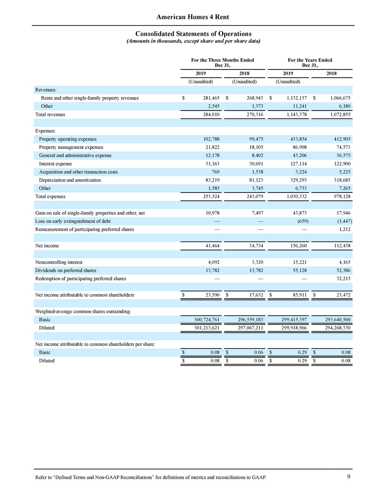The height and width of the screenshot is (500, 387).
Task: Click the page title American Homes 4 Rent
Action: coord(193,17)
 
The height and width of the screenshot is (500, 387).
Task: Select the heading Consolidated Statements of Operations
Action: coord(193,34)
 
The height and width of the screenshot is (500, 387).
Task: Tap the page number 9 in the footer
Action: coord(349,477)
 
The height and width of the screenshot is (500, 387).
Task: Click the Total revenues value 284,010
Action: coord(211,115)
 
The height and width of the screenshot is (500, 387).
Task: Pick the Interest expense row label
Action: coord(55,164)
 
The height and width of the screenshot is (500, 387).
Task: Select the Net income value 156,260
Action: coord(298,246)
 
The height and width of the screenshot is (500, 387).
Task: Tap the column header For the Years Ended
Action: coord(310,60)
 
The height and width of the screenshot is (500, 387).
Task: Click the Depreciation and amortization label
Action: coord(70,180)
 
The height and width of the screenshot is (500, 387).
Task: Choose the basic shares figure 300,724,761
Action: coord(207,320)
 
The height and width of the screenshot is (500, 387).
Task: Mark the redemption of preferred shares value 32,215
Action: coord(343,279)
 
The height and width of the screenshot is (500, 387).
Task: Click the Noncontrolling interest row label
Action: coord(59,262)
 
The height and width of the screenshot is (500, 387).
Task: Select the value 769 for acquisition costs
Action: coord(216,172)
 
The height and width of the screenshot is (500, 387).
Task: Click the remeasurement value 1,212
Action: coord(345,229)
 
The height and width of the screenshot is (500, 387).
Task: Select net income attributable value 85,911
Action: coord(299,295)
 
